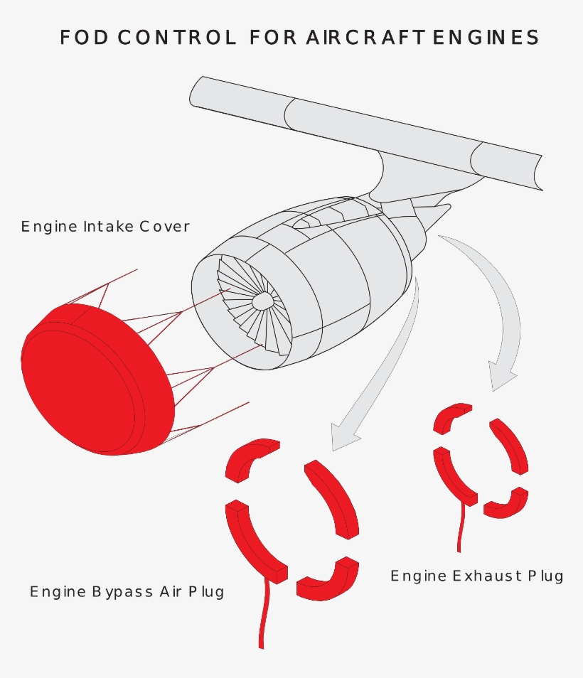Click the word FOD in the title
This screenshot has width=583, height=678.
coord(84,38)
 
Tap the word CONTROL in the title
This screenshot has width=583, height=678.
coord(177,38)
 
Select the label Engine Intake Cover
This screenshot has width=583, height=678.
coord(105,227)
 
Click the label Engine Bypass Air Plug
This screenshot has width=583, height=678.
coord(127,591)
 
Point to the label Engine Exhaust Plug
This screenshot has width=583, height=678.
coord(476,576)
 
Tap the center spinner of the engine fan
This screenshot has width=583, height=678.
coord(264,301)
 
